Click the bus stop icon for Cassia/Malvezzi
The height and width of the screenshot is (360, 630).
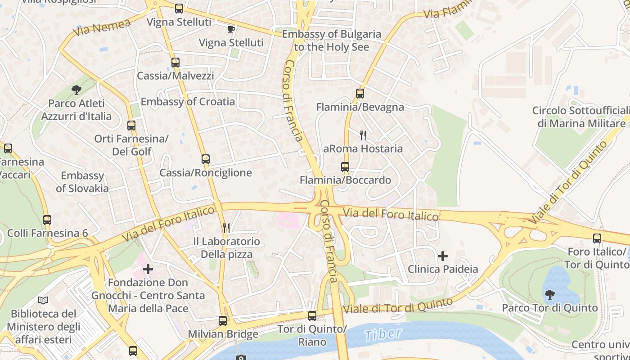click(x=175, y=63)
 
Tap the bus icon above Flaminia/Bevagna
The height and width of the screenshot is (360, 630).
click(x=360, y=94)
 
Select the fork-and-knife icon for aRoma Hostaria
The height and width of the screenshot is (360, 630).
click(x=363, y=135)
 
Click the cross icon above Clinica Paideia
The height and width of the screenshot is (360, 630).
click(x=443, y=256)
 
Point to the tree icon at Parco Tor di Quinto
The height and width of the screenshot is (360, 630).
click(x=549, y=295)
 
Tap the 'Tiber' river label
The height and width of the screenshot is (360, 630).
click(x=383, y=334)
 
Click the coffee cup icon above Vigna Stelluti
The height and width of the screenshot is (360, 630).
click(x=231, y=30)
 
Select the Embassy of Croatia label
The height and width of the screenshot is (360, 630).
click(x=188, y=102)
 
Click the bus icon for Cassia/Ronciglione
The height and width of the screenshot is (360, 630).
click(x=206, y=159)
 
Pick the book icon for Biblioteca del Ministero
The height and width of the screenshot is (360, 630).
click(x=43, y=300)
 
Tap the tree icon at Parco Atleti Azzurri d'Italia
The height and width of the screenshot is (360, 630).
click(x=76, y=90)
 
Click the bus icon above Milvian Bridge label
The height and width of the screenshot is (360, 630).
click(x=223, y=321)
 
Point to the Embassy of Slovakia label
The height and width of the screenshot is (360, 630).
click(x=82, y=182)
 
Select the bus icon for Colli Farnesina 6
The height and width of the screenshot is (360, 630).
click(x=47, y=220)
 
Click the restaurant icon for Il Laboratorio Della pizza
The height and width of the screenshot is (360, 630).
click(x=226, y=228)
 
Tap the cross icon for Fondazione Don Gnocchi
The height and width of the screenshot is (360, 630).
click(x=148, y=270)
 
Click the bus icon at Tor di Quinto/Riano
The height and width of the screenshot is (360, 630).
click(x=312, y=316)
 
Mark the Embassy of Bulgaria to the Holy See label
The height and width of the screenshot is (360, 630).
click(x=332, y=40)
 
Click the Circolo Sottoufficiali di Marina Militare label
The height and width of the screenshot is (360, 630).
click(x=581, y=117)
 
